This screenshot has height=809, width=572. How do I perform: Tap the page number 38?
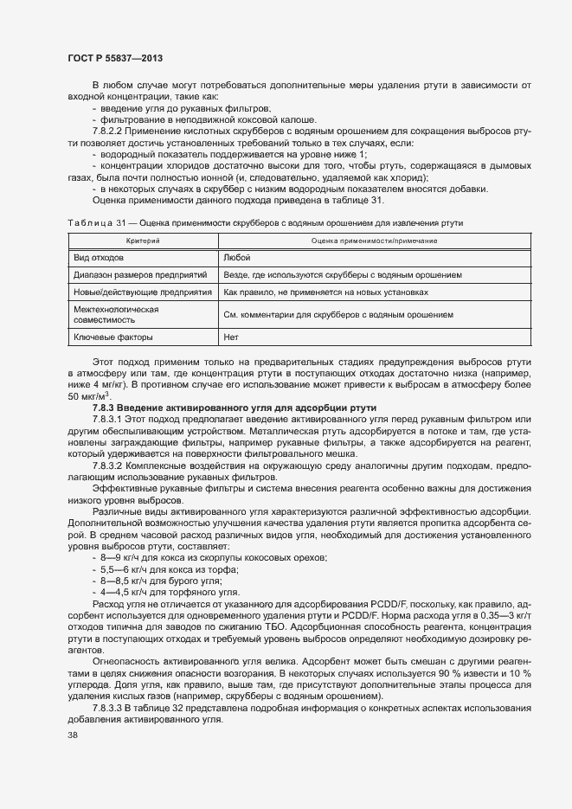[x=73, y=735]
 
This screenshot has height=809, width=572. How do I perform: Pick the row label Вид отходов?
[x=100, y=257]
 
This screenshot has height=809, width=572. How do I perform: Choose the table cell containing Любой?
[x=236, y=257]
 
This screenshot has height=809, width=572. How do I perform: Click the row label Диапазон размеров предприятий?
[x=140, y=274]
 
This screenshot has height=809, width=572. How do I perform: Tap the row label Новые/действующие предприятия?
[x=143, y=292]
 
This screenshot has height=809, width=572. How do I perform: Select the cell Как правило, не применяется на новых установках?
[x=325, y=292]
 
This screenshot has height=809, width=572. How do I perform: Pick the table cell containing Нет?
[x=231, y=337]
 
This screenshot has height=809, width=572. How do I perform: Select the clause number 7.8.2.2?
[x=110, y=131]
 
